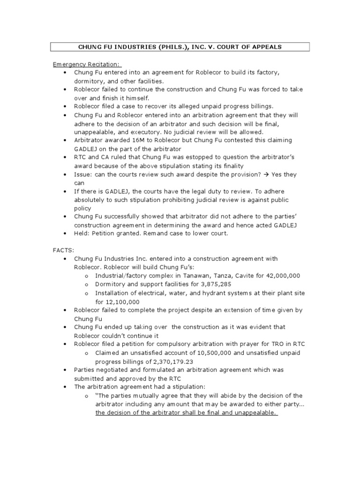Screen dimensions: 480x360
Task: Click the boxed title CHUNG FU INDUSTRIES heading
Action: coord(180,47)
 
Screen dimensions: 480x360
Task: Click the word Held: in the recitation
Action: coord(82,233)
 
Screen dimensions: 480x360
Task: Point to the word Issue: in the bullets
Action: coord(83,174)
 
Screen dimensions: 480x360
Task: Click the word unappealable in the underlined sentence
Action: coord(254,412)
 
